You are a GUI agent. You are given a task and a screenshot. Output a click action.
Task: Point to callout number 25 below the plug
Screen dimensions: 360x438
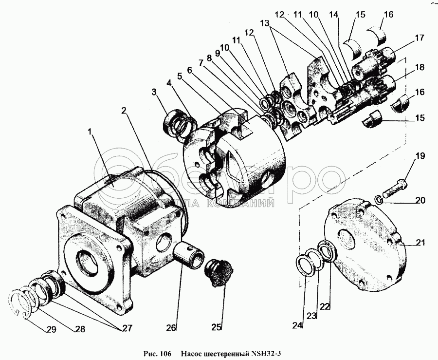(x=216, y=327)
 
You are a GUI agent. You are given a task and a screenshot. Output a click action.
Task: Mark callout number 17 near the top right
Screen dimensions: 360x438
(x=419, y=37)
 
